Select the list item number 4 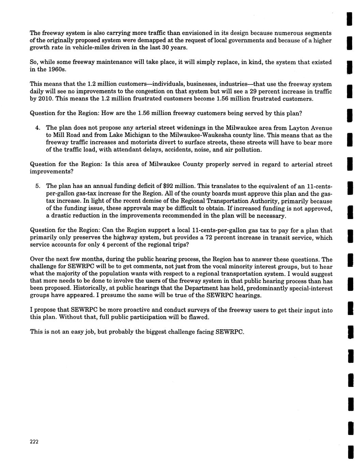pyautogui.click(x=38, y=128)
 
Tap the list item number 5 pyautogui.click(x=38, y=186)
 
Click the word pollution pyautogui.click(x=248, y=150)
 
